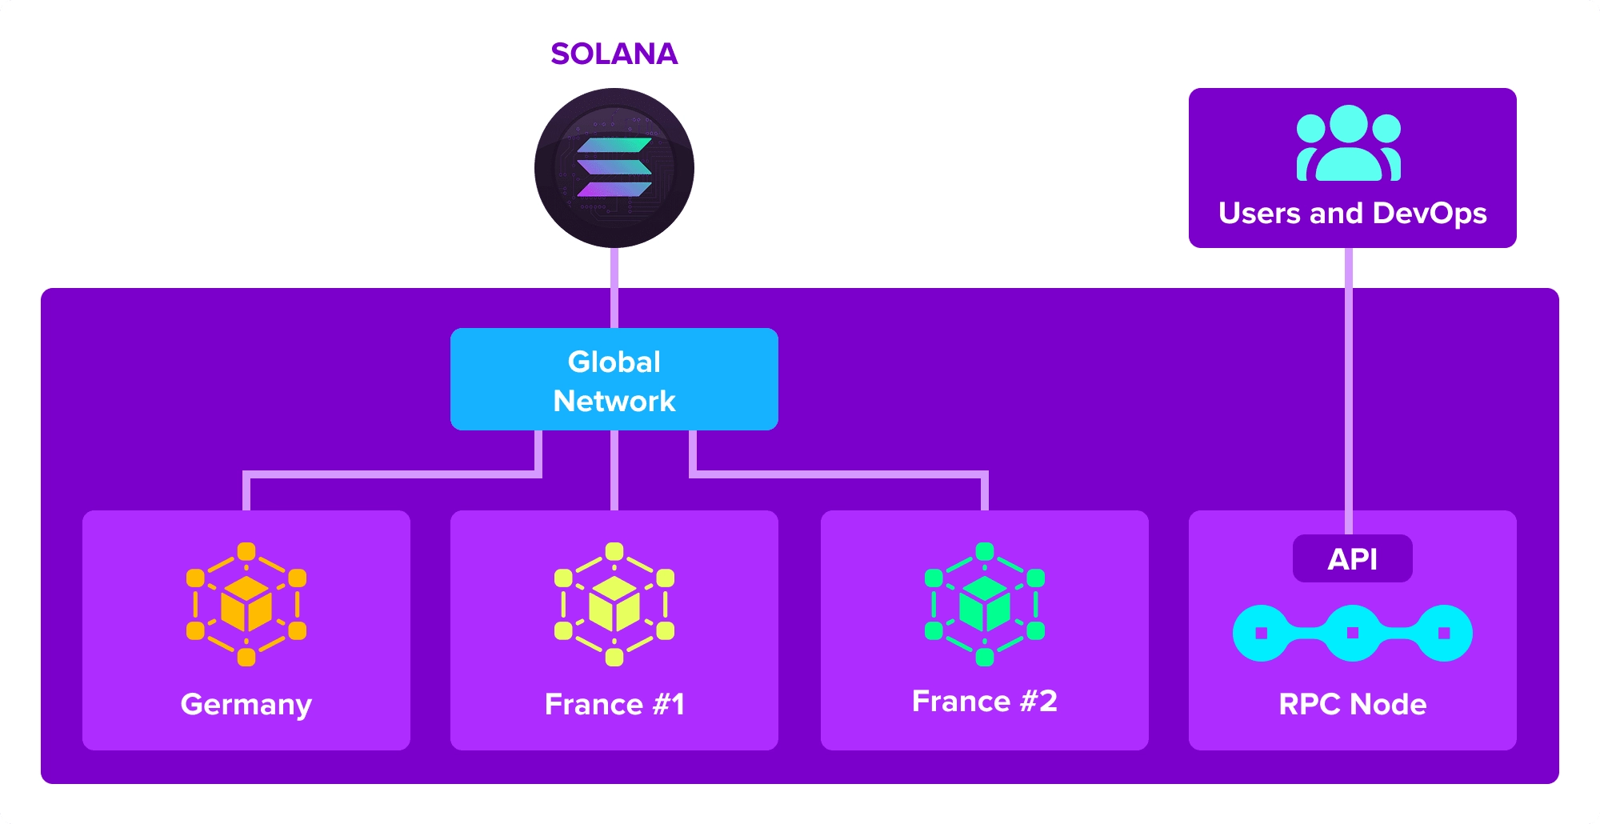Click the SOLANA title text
coord(614,54)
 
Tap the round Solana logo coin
coord(614,168)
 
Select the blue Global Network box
coord(614,379)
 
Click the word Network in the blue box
coord(614,401)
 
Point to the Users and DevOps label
coord(1352,213)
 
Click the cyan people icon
coord(1349,144)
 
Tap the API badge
coord(1352,558)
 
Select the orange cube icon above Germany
coord(246,604)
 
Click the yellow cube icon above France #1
coord(614,604)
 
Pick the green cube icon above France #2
coord(984,604)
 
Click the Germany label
coord(246,704)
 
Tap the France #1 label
coord(614,704)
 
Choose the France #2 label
coord(984,701)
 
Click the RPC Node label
coord(1352,704)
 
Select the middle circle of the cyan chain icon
coord(1352,633)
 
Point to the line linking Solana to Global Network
coord(614,288)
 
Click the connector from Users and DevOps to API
coord(1349,384)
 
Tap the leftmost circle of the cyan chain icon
coord(1262,633)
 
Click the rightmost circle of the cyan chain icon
coord(1443,633)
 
